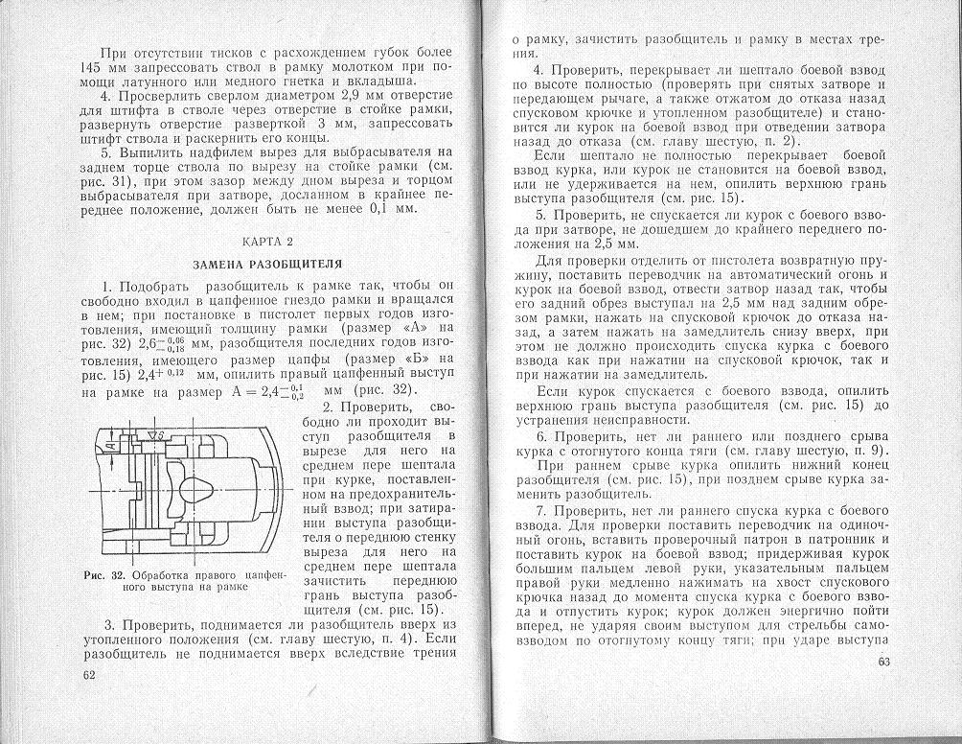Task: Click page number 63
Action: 883,662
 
